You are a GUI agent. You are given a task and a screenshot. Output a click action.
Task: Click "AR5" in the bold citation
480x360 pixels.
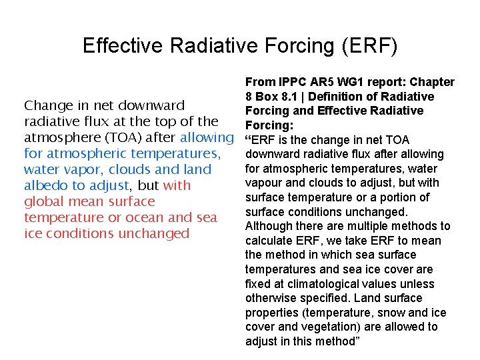point(324,82)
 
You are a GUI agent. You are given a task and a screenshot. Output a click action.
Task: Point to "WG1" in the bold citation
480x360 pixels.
point(354,82)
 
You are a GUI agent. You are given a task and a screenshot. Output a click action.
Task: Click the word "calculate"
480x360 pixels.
point(268,241)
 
